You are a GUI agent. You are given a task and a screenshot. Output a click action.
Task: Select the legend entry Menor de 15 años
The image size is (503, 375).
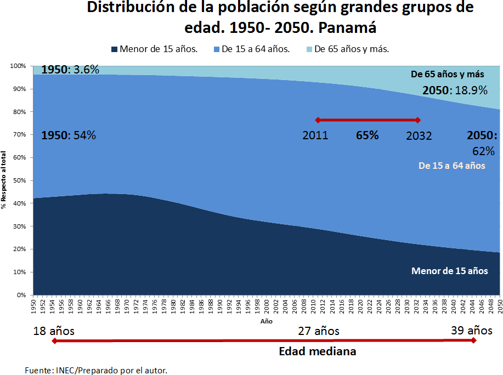click(159, 49)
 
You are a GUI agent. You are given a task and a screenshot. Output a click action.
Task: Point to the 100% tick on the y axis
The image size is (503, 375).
click(18, 66)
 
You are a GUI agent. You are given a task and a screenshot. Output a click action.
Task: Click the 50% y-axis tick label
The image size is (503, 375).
click(19, 180)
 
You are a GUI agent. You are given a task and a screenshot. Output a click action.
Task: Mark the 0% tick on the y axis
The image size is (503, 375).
click(21, 295)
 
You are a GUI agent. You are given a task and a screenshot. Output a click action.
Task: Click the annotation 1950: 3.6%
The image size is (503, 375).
click(70, 70)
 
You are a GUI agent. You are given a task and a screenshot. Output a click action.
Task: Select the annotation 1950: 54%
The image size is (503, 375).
click(68, 135)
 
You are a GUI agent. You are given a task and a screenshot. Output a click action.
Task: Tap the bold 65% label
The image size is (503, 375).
click(367, 135)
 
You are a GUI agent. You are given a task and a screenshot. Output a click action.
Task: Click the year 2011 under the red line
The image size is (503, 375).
click(315, 135)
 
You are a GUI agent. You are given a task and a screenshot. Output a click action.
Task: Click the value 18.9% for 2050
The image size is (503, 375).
click(468, 91)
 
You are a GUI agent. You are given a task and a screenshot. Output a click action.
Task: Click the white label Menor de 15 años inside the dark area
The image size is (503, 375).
click(448, 271)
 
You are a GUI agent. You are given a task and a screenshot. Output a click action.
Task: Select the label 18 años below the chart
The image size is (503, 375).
click(53, 331)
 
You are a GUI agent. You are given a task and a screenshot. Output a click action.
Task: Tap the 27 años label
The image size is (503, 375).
click(319, 331)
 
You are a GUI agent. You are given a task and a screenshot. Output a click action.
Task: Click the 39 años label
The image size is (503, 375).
click(472, 331)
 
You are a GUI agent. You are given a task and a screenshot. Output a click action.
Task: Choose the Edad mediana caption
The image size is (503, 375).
click(317, 351)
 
